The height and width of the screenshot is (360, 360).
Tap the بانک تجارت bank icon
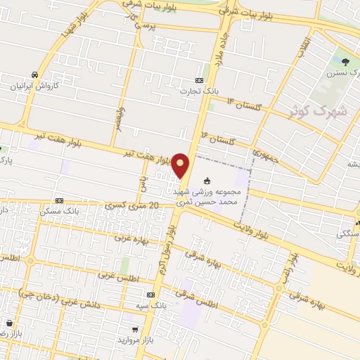pos(199,80)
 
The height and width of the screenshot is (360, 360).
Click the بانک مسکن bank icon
pos(59,200)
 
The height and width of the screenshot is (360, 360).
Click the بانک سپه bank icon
pos(150,296)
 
